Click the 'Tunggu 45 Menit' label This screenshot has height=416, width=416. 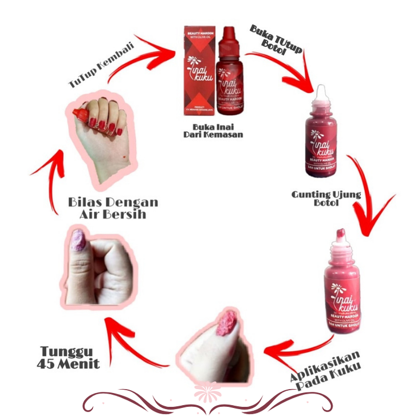coord(69,357)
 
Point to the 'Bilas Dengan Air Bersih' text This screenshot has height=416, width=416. coord(113,209)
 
